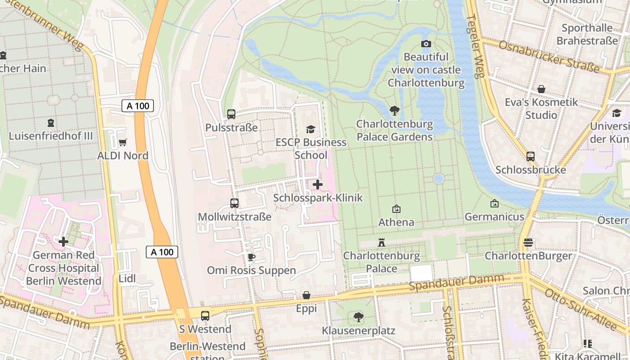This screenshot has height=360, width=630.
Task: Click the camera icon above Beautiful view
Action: [x=426, y=44]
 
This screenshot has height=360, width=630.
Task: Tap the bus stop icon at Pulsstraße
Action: [x=231, y=114]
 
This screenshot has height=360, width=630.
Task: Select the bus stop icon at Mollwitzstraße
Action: [x=234, y=203]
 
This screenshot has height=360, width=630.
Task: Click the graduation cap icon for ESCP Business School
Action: [x=310, y=130]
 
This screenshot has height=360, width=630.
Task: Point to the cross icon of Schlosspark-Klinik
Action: [x=318, y=184]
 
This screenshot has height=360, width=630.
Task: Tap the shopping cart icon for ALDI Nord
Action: [x=122, y=143]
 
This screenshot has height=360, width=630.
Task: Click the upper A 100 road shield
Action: [x=138, y=106]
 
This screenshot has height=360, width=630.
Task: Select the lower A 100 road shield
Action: [x=162, y=252]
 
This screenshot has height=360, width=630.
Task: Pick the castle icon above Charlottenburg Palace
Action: [x=382, y=243]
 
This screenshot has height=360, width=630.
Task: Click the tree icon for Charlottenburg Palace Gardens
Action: [x=395, y=111]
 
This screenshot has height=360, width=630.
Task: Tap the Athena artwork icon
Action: [x=396, y=209]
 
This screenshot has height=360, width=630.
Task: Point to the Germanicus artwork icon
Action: [x=495, y=203]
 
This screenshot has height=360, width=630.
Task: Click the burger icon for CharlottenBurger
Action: [x=528, y=243]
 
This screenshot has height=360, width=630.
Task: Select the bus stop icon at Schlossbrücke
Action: [x=531, y=157]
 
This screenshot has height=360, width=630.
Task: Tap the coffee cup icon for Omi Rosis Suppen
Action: [x=251, y=257]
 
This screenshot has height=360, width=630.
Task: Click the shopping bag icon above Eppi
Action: [x=306, y=296]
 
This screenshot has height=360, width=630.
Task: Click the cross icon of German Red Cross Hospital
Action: [x=63, y=242]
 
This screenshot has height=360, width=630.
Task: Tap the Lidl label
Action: [x=127, y=279]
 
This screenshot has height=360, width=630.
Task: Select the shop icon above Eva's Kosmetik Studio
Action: [x=541, y=89]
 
